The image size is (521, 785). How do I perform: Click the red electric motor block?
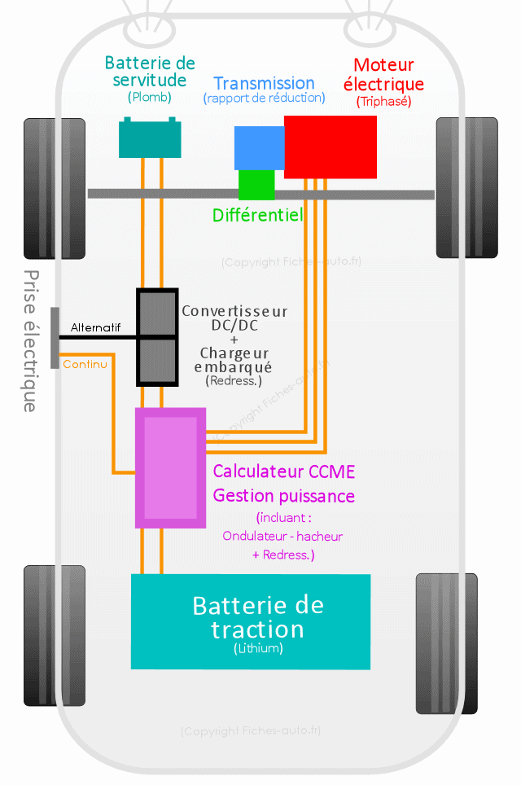(x=330, y=147)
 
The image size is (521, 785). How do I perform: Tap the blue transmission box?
(x=258, y=147)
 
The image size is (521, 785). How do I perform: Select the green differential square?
(x=256, y=185)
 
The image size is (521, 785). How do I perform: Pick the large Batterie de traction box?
(x=251, y=621)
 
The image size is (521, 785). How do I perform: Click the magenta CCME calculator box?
(x=170, y=468)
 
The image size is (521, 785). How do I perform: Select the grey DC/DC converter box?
(x=157, y=335)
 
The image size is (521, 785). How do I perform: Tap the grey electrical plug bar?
(x=55, y=338)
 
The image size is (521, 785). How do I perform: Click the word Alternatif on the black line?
(x=95, y=327)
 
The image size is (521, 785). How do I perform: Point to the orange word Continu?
(x=85, y=364)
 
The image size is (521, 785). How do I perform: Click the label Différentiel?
(x=257, y=215)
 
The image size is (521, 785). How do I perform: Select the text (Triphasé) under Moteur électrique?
(x=384, y=102)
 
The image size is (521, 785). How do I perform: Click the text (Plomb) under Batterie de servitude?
(x=150, y=97)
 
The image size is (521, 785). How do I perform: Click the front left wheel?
(x=55, y=188)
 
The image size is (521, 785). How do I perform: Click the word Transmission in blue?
(x=264, y=83)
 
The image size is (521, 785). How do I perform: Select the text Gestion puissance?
(x=283, y=496)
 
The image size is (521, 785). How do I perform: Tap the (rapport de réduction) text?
(x=264, y=99)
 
